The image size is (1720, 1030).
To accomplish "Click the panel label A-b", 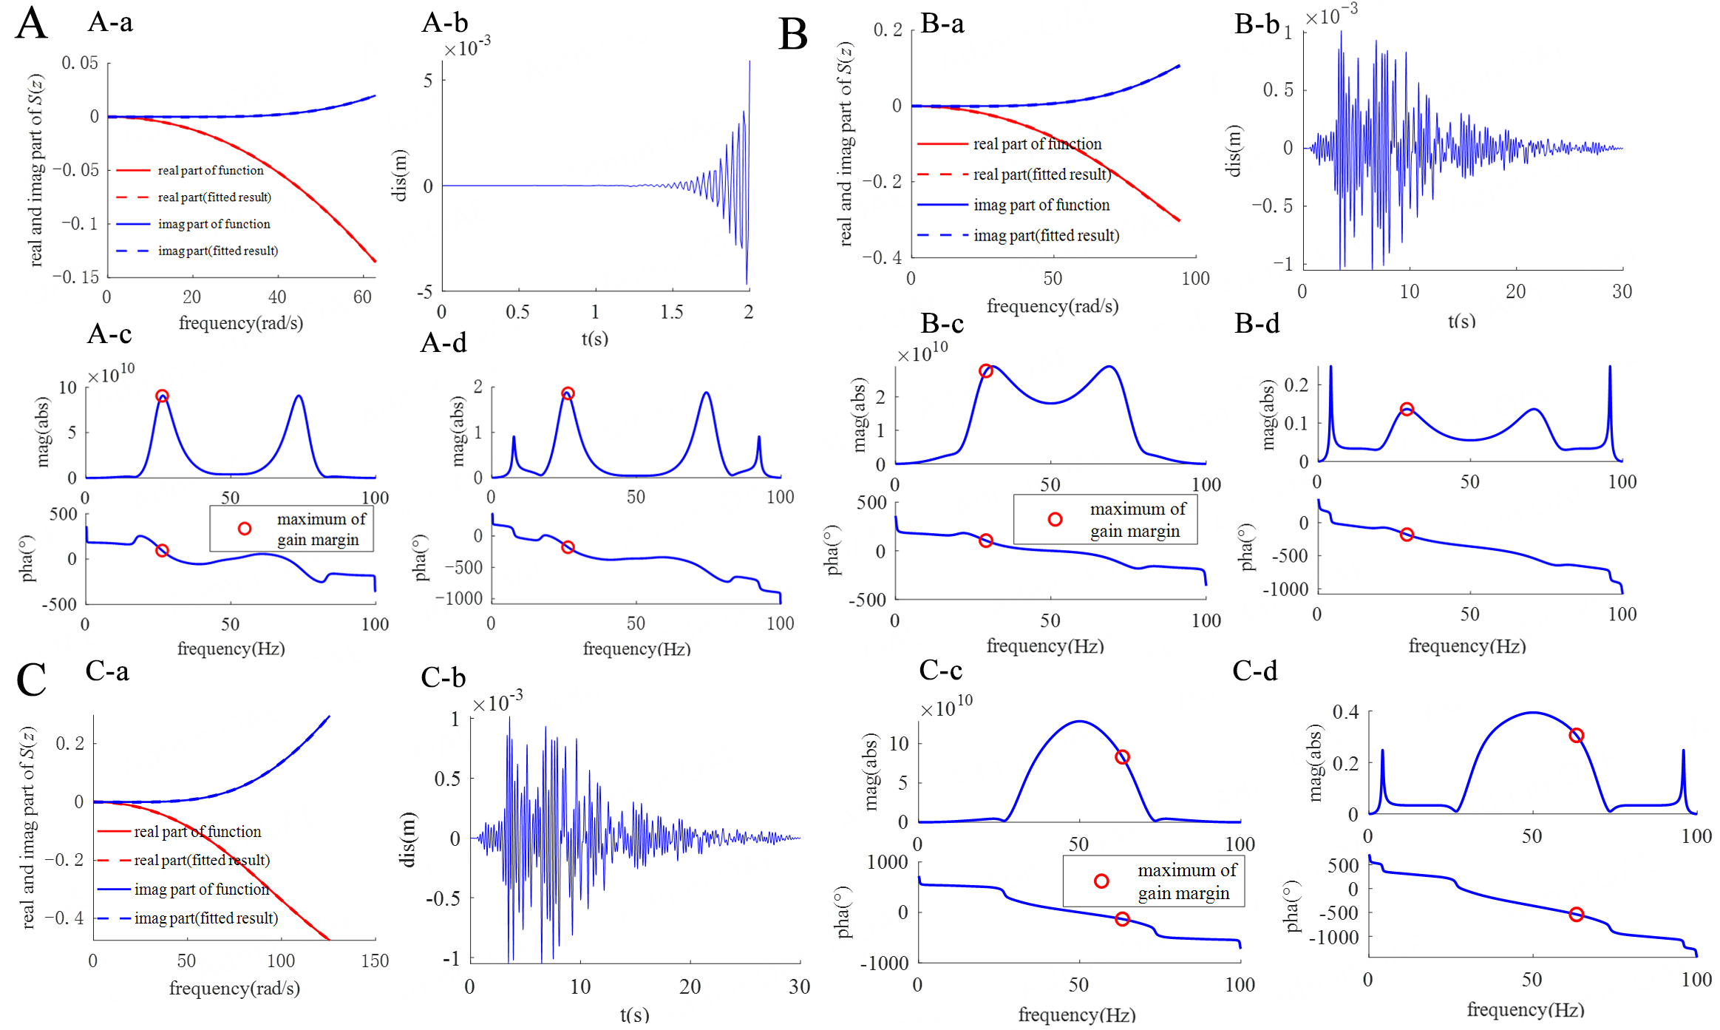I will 444,22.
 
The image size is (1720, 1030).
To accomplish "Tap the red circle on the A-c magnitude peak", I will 162,396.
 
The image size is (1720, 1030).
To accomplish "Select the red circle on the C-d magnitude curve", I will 1576,735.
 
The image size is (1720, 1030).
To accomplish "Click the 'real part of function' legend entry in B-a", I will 1036,144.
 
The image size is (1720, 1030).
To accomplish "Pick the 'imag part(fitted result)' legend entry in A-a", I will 217,251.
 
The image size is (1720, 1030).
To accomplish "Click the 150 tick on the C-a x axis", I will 375,960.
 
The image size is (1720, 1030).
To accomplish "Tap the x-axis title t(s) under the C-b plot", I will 634,1014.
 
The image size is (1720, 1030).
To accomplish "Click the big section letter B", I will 793,35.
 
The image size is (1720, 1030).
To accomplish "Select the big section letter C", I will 31,680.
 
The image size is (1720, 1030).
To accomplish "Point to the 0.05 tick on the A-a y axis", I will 80,63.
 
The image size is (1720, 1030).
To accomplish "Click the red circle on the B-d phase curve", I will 1407,535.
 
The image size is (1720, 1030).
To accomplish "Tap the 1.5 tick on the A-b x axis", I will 671,312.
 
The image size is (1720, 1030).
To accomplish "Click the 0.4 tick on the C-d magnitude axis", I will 1345,712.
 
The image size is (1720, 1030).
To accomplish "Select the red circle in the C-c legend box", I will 1101,881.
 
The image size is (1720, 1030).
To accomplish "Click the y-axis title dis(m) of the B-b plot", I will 1233,151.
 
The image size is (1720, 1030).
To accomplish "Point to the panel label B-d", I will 1257,324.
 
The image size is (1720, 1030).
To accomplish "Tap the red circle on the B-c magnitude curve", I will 985,371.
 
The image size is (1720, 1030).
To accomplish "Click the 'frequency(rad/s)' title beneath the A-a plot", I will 241,323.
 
